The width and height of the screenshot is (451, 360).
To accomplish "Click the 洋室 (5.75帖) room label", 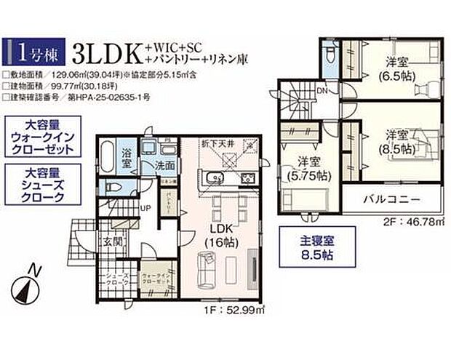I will pos(309,168).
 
